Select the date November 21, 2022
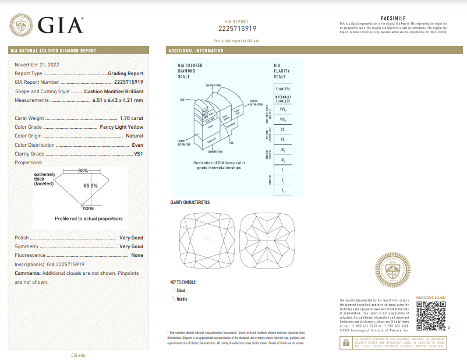click(37, 64)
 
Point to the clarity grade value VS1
click(137, 154)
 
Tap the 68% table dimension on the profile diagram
click(83, 171)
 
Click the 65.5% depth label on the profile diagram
click(90, 185)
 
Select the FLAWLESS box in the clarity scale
click(283, 89)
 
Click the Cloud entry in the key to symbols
click(181, 290)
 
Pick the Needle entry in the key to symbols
click(182, 299)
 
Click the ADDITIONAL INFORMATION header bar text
click(196, 51)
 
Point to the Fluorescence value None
click(137, 255)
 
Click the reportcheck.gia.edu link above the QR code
click(431, 297)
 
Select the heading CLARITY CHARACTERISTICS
click(190, 202)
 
